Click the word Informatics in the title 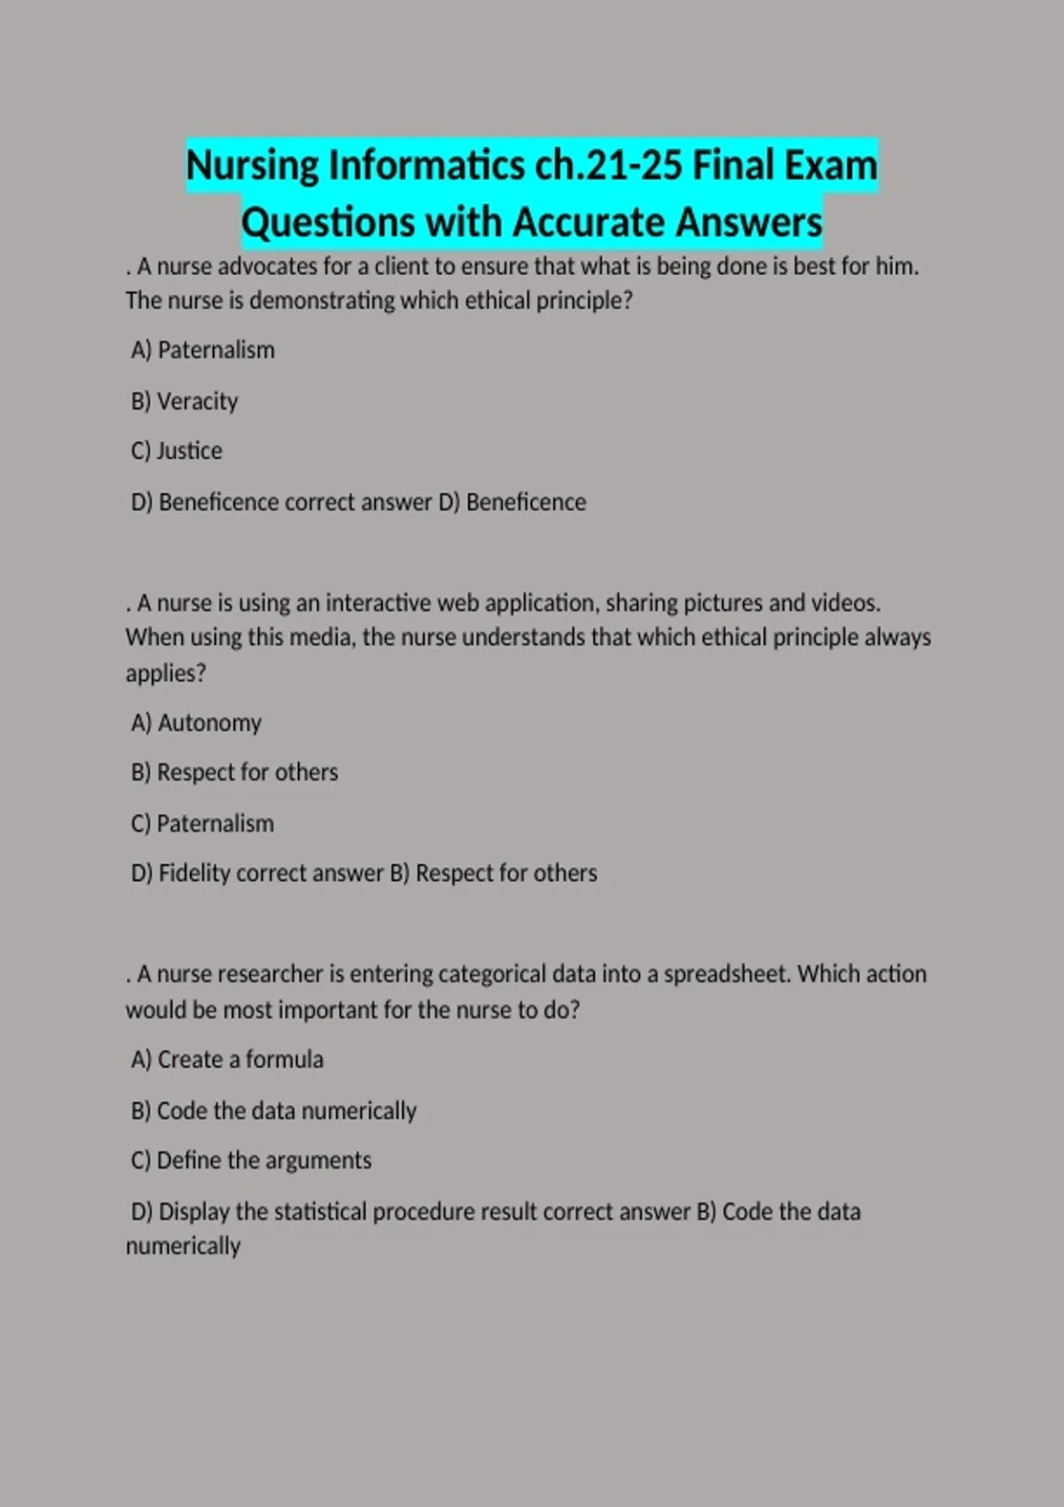(x=426, y=166)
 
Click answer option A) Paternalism (x=203, y=350)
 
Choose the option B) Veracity (x=184, y=401)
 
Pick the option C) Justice (x=176, y=450)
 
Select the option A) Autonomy (x=196, y=722)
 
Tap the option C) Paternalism (x=202, y=824)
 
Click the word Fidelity (x=194, y=873)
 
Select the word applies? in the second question (x=166, y=673)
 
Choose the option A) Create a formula (x=227, y=1059)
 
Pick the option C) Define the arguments (x=251, y=1160)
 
